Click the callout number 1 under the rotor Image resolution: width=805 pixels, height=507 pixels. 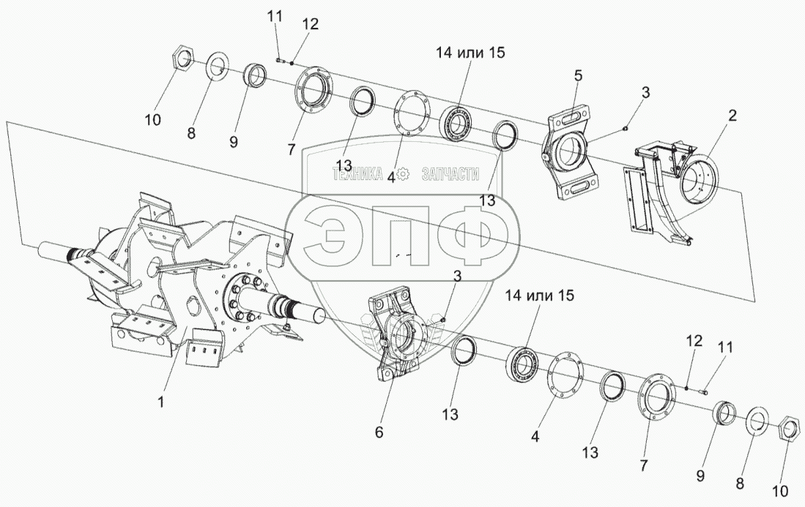tap(160, 402)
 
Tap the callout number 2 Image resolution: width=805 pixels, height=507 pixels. tap(732, 116)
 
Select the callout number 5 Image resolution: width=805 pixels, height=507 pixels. tap(578, 76)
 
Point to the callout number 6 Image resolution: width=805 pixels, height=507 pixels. tap(379, 432)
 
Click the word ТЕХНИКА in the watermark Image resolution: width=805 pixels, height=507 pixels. tap(358, 175)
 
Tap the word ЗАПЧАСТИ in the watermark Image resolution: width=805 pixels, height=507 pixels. tap(450, 175)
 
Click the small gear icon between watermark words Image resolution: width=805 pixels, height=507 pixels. tap(403, 174)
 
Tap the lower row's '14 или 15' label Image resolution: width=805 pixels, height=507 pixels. tap(540, 296)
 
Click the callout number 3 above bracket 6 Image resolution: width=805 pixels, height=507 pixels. tap(457, 276)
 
